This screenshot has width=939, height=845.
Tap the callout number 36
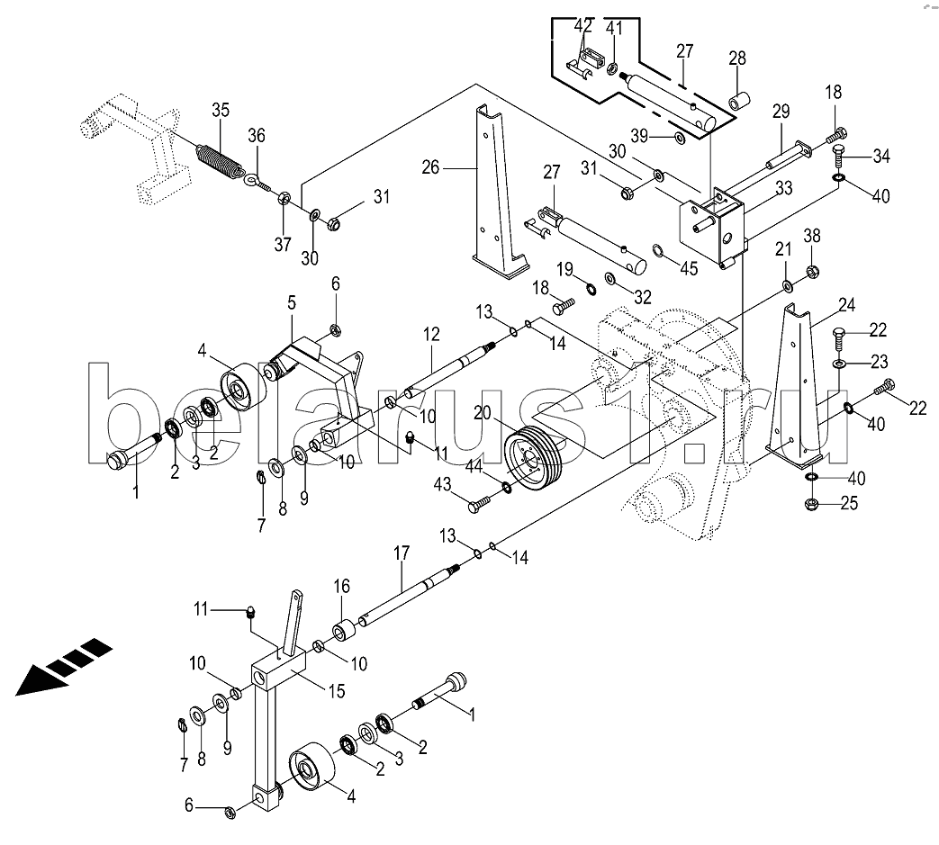pos(257,136)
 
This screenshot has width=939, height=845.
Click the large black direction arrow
pos(64,666)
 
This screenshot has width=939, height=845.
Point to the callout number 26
pos(430,167)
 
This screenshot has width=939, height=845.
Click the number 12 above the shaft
pos(431,334)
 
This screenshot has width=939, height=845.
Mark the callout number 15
pos(337,691)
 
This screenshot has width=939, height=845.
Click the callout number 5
pos(292,302)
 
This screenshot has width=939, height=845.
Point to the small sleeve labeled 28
pos(739,99)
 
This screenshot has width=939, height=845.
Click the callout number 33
pos(784,188)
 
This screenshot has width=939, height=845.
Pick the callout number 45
pos(690,268)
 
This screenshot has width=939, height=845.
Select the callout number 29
pos(781,112)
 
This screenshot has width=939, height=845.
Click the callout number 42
pos(582,26)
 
